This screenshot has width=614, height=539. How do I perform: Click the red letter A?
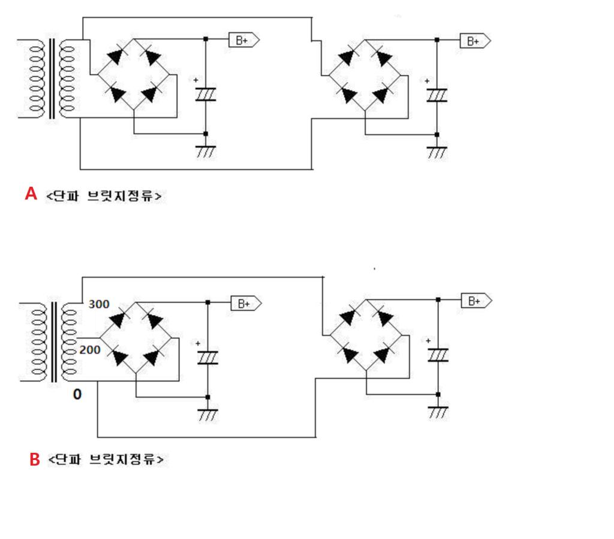[31, 193]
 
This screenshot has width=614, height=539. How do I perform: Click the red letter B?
[35, 459]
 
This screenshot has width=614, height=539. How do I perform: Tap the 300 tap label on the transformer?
[99, 304]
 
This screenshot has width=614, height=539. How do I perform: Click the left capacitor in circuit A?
[206, 95]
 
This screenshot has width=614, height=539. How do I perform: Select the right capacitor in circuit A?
[437, 95]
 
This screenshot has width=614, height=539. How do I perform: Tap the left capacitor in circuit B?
[207, 358]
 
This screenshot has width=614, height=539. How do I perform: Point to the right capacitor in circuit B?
[438, 355]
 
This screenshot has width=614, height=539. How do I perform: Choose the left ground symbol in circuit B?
[208, 414]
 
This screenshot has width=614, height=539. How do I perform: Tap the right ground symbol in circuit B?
[438, 411]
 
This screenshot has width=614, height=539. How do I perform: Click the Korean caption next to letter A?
[104, 196]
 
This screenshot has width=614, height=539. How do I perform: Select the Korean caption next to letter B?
[107, 460]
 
